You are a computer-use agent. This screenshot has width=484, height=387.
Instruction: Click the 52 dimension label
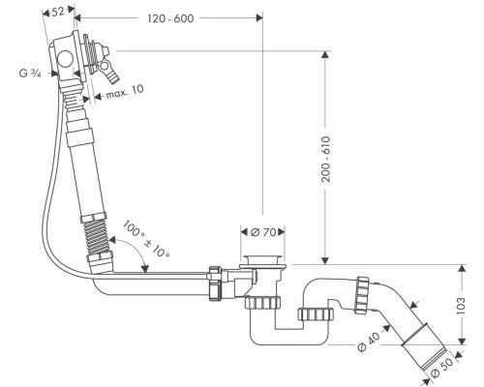tap(57, 12)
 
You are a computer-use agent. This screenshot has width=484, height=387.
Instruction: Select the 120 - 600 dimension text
tap(170, 18)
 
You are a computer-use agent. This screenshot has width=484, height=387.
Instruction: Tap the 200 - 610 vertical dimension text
tap(326, 160)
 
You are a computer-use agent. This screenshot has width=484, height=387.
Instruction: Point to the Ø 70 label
tap(263, 232)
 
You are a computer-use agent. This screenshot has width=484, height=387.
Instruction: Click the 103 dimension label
tap(462, 306)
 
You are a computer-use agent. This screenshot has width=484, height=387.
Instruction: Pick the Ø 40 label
tap(369, 342)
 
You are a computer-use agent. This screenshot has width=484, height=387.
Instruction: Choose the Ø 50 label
tap(442, 368)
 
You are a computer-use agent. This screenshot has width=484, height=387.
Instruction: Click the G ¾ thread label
tap(30, 74)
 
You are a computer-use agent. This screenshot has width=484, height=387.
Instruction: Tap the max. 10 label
tap(125, 92)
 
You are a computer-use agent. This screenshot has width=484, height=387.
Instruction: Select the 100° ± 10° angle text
tap(146, 239)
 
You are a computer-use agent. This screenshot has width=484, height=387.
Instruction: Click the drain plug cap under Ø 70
tap(262, 260)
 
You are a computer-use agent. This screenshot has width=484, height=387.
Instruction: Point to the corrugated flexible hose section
tap(98, 236)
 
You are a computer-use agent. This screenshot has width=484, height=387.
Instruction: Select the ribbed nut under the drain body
tap(262, 303)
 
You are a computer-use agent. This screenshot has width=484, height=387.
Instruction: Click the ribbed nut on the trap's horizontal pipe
tap(316, 314)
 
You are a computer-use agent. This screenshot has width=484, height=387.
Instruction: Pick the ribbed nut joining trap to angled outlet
tap(363, 295)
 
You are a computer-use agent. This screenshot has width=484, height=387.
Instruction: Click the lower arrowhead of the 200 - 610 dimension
tap(325, 260)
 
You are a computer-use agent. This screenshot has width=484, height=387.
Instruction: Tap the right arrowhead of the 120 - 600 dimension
tap(259, 17)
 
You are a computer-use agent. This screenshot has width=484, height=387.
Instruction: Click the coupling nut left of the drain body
tap(215, 283)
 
